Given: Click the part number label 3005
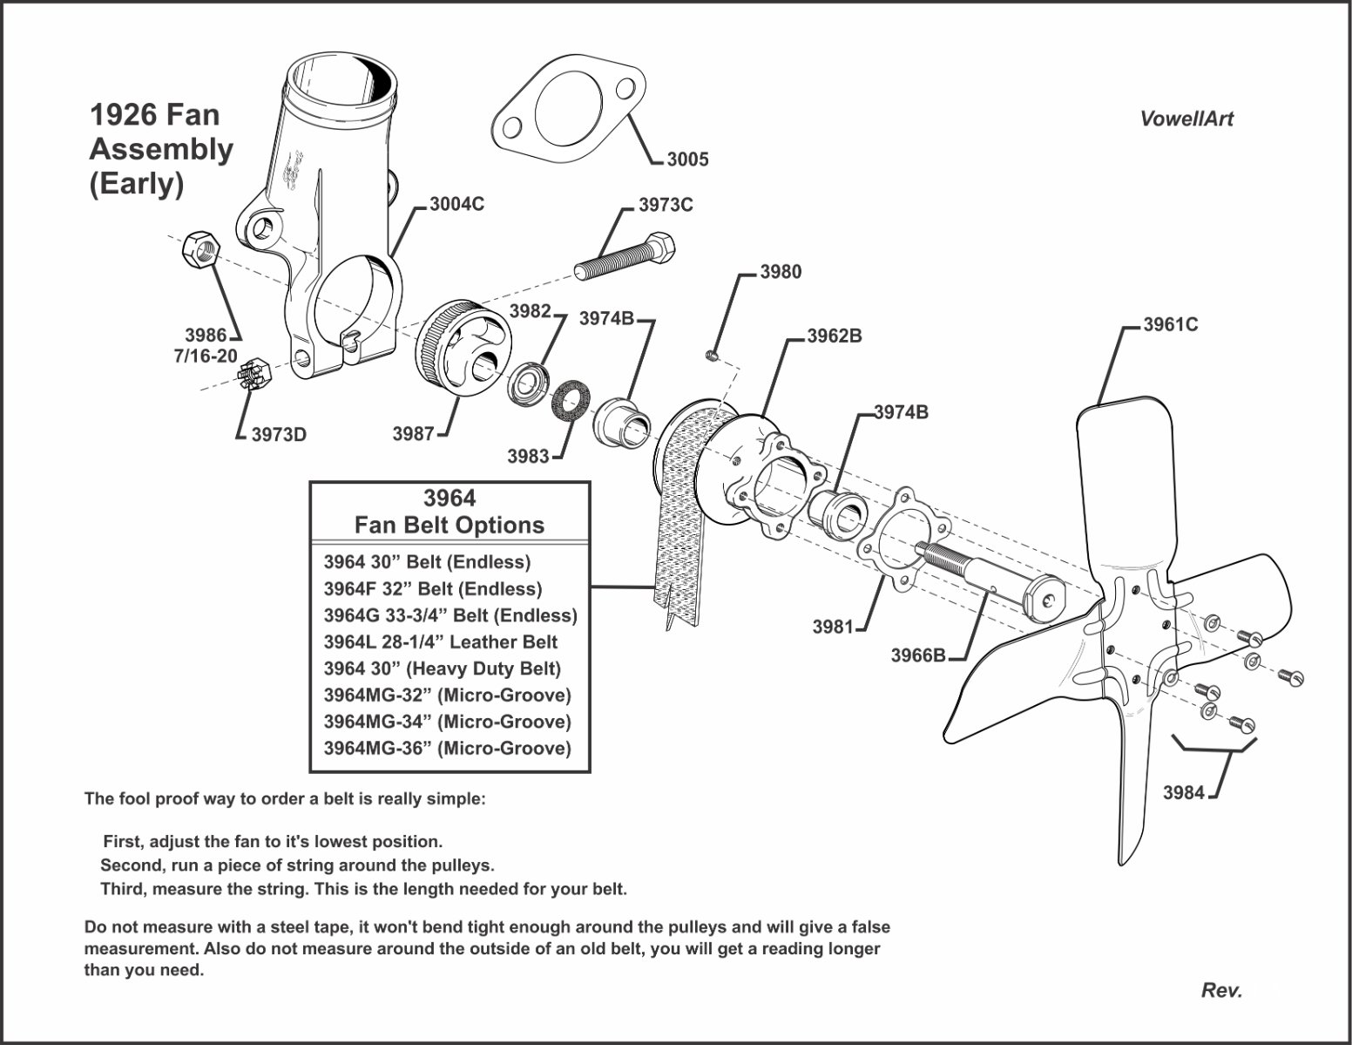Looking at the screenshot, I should (x=687, y=159).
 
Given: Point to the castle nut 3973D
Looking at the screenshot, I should (x=254, y=377).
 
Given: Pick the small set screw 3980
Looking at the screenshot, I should (x=711, y=354).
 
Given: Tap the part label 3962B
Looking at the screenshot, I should (x=834, y=336).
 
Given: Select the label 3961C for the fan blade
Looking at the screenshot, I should (x=1170, y=324).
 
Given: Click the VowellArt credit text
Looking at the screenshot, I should (x=1186, y=119).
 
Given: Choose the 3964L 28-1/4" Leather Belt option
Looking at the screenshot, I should (x=440, y=642).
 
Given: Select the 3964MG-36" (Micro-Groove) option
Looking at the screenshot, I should (x=447, y=748).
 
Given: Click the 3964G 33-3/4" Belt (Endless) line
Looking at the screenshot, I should (x=450, y=615).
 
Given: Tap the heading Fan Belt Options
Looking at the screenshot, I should (x=449, y=525).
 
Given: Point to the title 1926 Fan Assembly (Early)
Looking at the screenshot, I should (x=161, y=149).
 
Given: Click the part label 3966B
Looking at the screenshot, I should (x=917, y=655).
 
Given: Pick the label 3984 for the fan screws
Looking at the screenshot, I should (x=1183, y=792).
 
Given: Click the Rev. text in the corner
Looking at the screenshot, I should (x=1221, y=990).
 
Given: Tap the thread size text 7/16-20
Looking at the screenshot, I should (x=205, y=356).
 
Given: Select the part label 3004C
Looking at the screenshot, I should (x=456, y=204).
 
